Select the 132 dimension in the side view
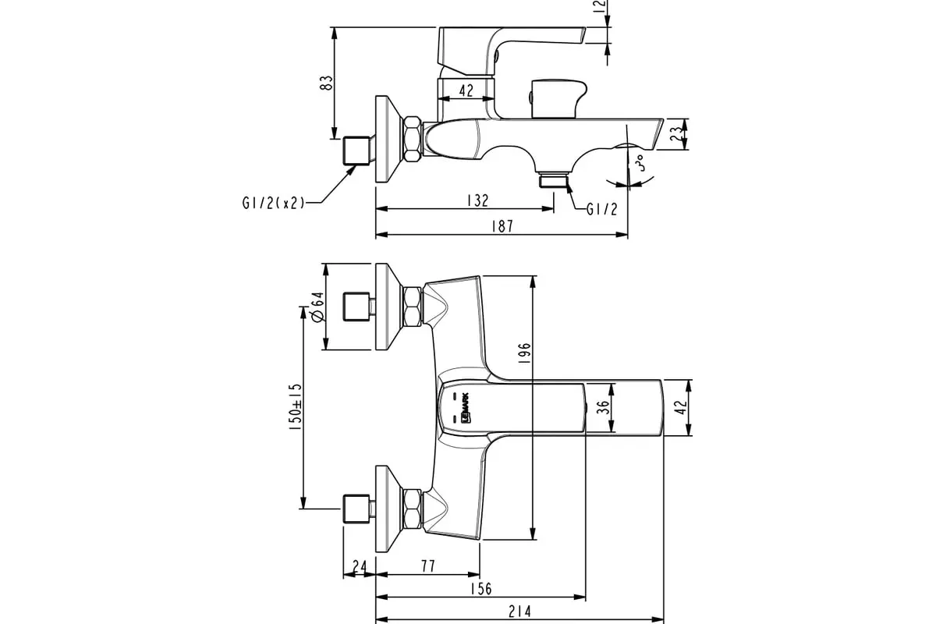click(x=477, y=201)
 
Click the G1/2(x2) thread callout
click(x=272, y=204)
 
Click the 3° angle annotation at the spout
click(x=638, y=164)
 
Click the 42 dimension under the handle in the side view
click(x=466, y=91)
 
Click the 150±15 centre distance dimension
click(x=294, y=406)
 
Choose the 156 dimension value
click(x=482, y=589)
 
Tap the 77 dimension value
click(x=427, y=565)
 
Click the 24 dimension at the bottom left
click(x=359, y=565)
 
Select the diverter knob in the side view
click(x=555, y=97)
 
